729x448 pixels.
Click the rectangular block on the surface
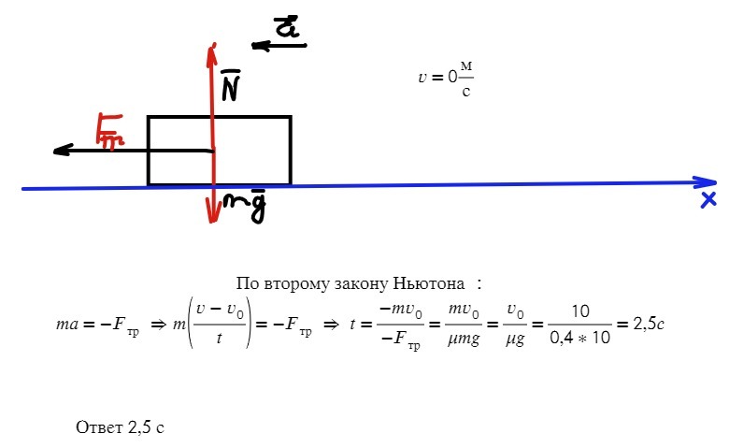tap(252, 150)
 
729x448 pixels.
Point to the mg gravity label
tap(242, 205)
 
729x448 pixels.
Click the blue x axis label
tap(708, 198)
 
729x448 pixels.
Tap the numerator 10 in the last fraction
tap(581, 311)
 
